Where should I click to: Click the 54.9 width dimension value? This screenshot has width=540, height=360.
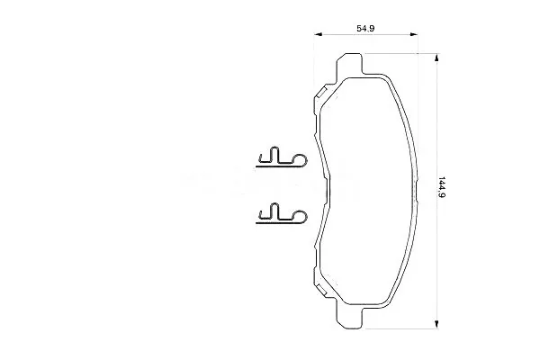(x=365, y=28)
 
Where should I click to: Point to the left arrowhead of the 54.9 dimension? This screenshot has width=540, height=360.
(x=318, y=34)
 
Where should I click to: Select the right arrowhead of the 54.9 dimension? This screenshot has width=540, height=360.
(x=414, y=34)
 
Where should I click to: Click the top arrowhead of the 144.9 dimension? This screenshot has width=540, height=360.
(x=436, y=58)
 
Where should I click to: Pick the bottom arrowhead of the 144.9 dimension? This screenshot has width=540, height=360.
(x=436, y=324)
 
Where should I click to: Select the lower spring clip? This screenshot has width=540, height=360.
(x=282, y=214)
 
